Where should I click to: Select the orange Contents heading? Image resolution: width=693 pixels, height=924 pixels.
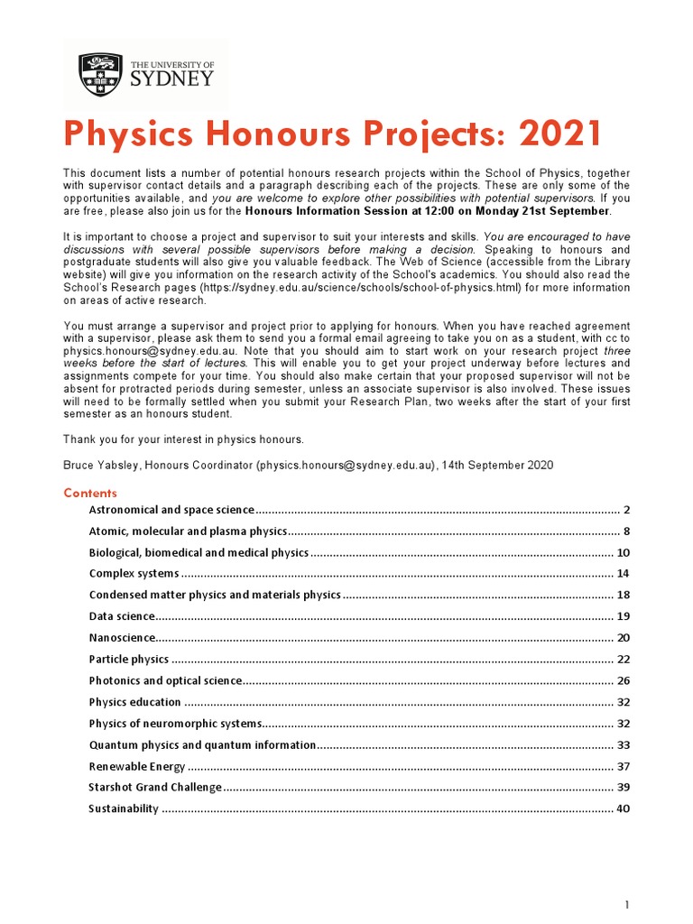tap(89, 493)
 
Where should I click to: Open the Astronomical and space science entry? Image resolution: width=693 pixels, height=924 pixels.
tap(171, 511)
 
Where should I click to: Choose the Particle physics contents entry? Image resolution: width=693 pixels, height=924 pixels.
tap(128, 660)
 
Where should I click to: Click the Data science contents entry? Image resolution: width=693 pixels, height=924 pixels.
tap(122, 617)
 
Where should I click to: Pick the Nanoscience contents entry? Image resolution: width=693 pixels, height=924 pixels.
tap(122, 638)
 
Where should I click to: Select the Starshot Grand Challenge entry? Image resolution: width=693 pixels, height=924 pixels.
tap(154, 788)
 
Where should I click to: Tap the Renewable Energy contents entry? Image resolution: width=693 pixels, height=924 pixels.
tap(136, 767)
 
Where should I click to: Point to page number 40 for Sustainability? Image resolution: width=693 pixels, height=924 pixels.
tap(623, 809)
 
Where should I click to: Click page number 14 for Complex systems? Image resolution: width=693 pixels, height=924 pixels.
tap(623, 574)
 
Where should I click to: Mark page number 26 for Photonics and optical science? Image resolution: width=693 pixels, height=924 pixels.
tap(623, 681)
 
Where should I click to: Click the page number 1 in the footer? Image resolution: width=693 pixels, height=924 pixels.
tap(626, 904)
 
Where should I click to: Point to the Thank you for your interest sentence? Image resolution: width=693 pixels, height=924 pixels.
tap(183, 439)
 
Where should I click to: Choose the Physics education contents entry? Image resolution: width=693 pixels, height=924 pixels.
tap(134, 702)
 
